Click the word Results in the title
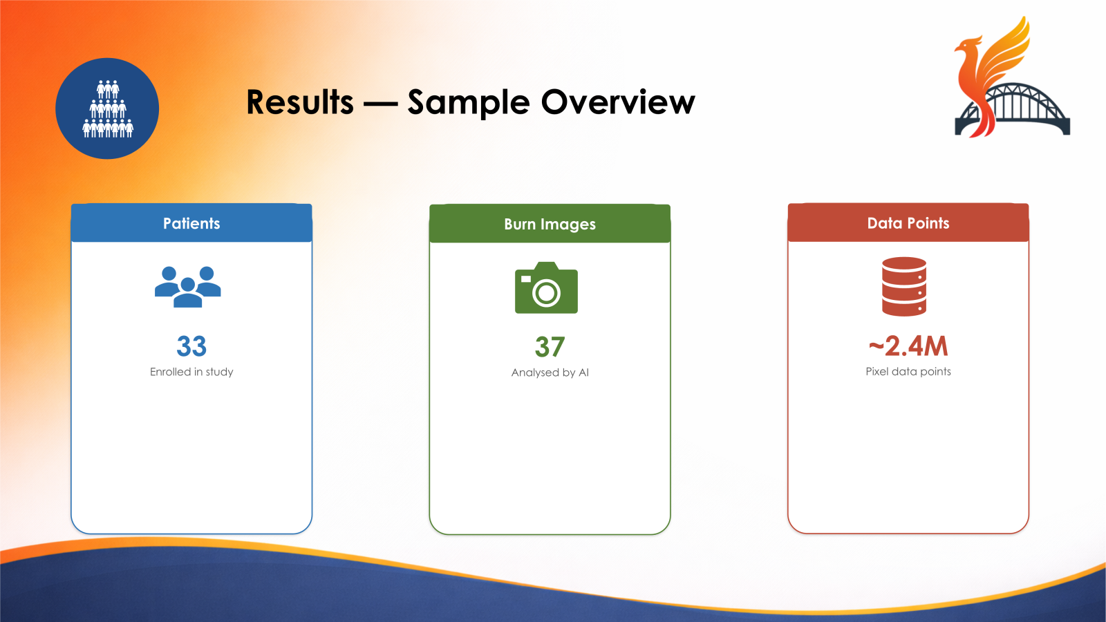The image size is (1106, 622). (x=300, y=102)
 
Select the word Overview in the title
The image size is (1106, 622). (x=618, y=102)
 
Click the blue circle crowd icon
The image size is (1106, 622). (x=107, y=109)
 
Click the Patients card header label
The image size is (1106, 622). (x=191, y=223)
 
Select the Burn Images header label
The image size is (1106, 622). (x=550, y=224)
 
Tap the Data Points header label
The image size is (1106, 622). (x=908, y=223)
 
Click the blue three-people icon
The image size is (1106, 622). (x=187, y=287)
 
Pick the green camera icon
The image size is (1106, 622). (x=546, y=288)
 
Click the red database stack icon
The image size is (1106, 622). (x=904, y=286)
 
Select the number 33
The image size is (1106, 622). (x=191, y=346)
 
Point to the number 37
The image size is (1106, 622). (x=550, y=346)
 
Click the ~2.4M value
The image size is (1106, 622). (x=908, y=346)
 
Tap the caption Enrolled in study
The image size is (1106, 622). (x=191, y=372)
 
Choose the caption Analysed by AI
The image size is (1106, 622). (x=550, y=373)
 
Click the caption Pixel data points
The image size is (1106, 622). (x=908, y=371)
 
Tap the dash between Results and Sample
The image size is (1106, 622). (x=380, y=104)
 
